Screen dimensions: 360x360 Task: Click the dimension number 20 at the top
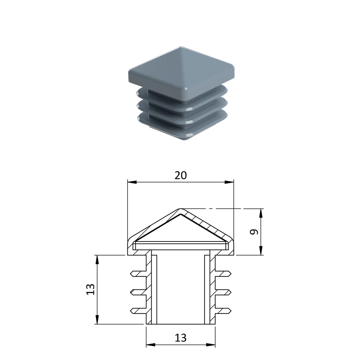pyautogui.click(x=181, y=175)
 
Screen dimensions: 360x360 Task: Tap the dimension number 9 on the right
pyautogui.click(x=254, y=232)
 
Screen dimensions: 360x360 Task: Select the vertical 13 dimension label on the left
pyautogui.click(x=90, y=289)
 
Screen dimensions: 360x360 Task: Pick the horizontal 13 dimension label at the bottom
pyautogui.click(x=181, y=338)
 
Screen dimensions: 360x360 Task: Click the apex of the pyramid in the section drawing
pyautogui.click(x=180, y=209)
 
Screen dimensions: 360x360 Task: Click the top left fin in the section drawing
pyautogui.click(x=138, y=274)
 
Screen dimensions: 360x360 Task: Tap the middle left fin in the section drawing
pyautogui.click(x=138, y=292)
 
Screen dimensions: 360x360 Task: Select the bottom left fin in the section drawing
pyautogui.click(x=138, y=311)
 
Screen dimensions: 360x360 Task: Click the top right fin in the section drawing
pyautogui.click(x=223, y=274)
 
